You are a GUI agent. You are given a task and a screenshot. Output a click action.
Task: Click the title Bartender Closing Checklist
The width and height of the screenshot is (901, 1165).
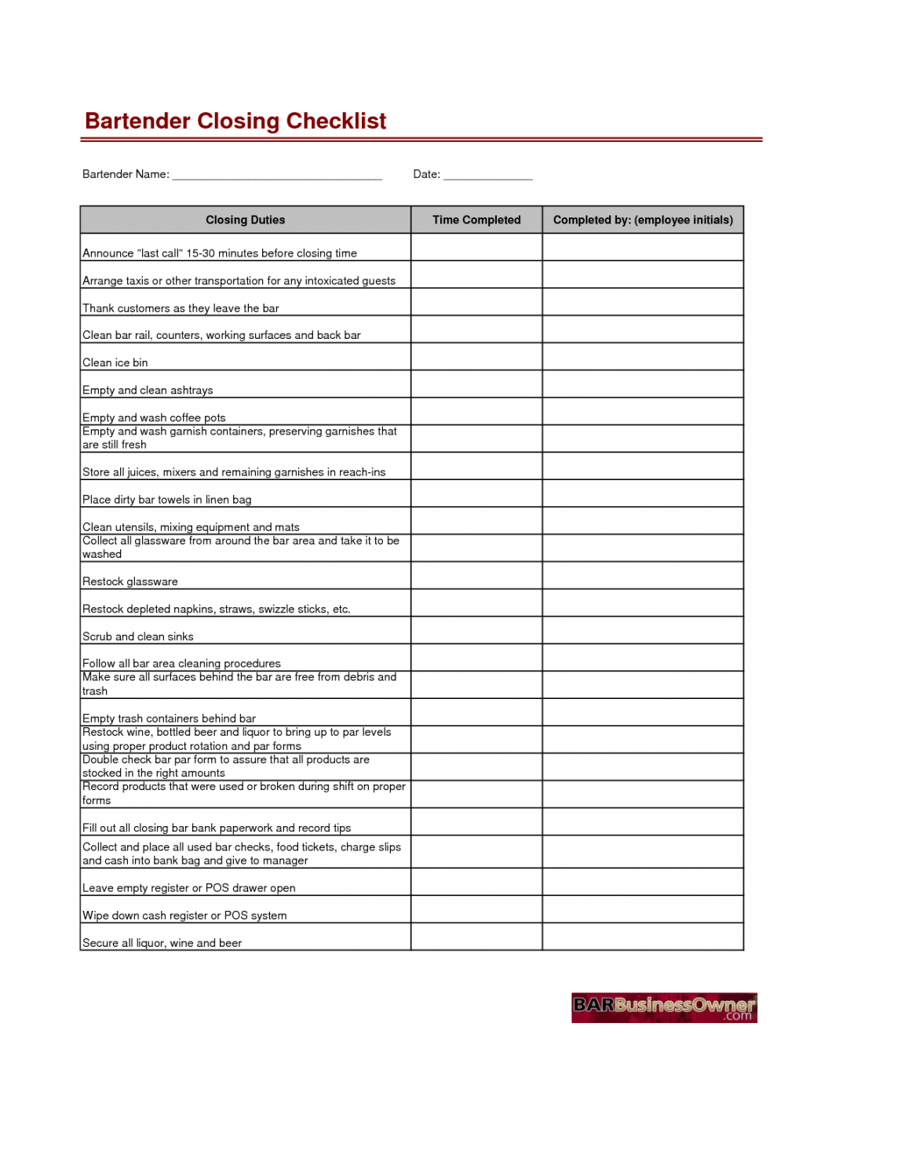pyautogui.click(x=235, y=121)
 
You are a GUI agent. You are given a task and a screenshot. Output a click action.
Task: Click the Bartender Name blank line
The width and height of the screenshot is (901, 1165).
pyautogui.click(x=276, y=176)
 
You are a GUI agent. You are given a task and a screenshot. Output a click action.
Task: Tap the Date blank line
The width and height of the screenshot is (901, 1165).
pyautogui.click(x=487, y=176)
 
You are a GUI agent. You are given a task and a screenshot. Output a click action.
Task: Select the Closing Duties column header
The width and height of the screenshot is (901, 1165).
pyautogui.click(x=245, y=220)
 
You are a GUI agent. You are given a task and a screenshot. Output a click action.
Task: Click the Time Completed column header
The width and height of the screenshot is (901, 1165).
pyautogui.click(x=476, y=220)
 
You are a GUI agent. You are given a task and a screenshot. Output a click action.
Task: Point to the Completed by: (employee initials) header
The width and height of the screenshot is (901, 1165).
pyautogui.click(x=643, y=220)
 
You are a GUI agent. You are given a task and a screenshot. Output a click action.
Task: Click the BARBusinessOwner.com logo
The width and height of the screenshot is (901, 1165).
pyautogui.click(x=664, y=1008)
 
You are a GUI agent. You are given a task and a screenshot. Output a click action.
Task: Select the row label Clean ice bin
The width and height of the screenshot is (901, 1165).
pyautogui.click(x=115, y=362)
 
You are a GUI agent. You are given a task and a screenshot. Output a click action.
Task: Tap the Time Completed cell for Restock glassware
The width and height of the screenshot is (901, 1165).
pyautogui.click(x=476, y=576)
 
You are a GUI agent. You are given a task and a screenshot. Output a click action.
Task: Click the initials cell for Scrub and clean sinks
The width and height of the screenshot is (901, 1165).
pyautogui.click(x=643, y=631)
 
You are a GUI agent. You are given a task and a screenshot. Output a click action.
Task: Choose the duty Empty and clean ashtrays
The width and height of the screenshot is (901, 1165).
pyautogui.click(x=148, y=390)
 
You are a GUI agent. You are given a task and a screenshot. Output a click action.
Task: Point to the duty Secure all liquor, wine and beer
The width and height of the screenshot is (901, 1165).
pyautogui.click(x=162, y=943)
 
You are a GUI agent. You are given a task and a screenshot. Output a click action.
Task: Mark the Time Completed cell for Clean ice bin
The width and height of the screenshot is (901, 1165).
pyautogui.click(x=476, y=357)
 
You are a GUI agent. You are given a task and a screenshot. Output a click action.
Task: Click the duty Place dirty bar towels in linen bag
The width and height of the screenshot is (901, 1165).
pyautogui.click(x=167, y=500)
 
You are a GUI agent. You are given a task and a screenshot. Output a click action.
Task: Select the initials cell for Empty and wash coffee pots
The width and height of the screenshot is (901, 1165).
pyautogui.click(x=643, y=412)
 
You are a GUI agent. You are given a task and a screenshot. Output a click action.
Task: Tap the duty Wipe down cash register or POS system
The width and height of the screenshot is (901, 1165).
pyautogui.click(x=184, y=916)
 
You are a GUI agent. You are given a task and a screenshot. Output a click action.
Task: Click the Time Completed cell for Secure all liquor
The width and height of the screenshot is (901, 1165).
pyautogui.click(x=476, y=937)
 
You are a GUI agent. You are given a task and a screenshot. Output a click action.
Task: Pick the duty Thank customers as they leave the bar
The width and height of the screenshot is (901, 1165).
pyautogui.click(x=181, y=308)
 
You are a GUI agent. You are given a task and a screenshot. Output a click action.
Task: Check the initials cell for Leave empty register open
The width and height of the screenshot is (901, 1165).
pyautogui.click(x=643, y=882)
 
